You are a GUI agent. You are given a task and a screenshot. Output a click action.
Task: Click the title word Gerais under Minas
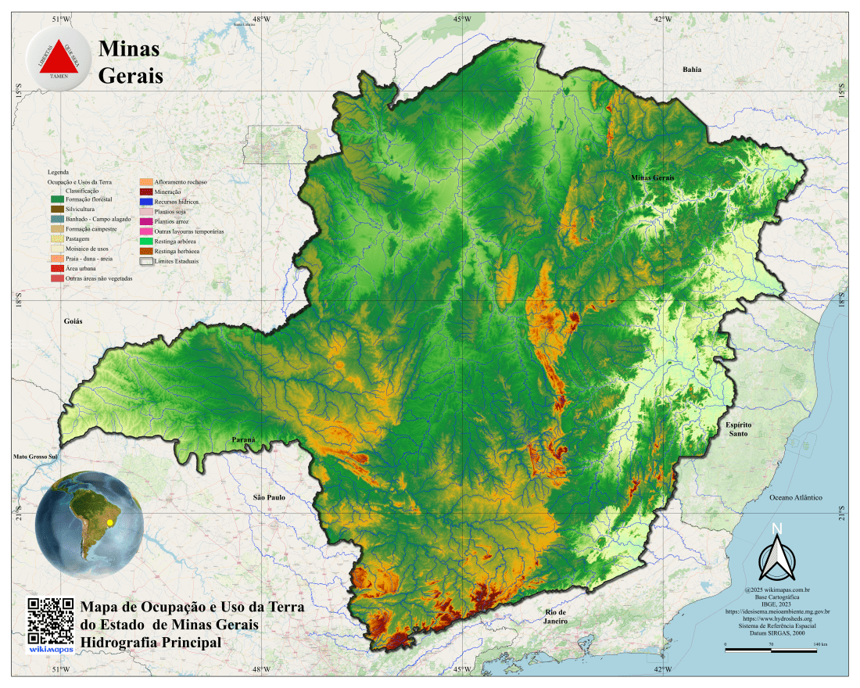[x=131, y=77]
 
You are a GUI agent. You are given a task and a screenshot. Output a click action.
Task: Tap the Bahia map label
[x=692, y=70]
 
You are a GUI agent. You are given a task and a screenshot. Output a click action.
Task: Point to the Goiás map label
[x=73, y=321]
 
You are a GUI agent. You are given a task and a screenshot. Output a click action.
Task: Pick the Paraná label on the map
[x=244, y=440]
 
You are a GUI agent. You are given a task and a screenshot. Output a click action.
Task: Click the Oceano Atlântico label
[x=796, y=497]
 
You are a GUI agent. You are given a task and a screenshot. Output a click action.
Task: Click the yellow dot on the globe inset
[x=110, y=522]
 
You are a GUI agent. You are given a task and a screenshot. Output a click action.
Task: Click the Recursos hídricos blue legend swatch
[x=145, y=202]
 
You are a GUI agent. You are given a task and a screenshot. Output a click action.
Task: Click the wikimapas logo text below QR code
[x=50, y=649]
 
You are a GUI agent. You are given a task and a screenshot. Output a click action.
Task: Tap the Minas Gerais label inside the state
[x=652, y=178]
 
